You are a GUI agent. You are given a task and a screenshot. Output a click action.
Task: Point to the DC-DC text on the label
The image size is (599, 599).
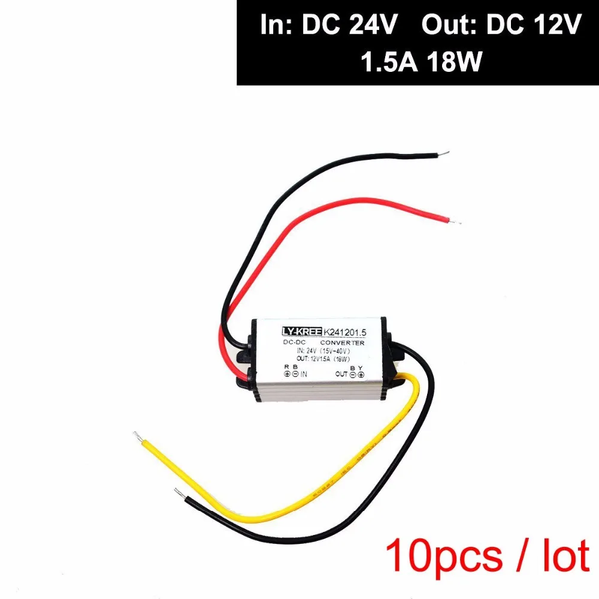[x=295, y=342]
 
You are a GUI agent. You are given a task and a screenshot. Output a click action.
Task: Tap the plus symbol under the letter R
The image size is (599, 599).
[x=287, y=374]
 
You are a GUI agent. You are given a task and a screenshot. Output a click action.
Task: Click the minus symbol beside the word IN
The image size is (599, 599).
[x=295, y=374]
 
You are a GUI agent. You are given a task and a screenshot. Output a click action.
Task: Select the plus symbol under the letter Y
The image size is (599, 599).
[x=361, y=374]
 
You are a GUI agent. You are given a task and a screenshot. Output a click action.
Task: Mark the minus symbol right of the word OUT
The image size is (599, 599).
[x=353, y=374]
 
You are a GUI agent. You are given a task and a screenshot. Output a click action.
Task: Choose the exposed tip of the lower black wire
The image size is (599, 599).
[x=178, y=492]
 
